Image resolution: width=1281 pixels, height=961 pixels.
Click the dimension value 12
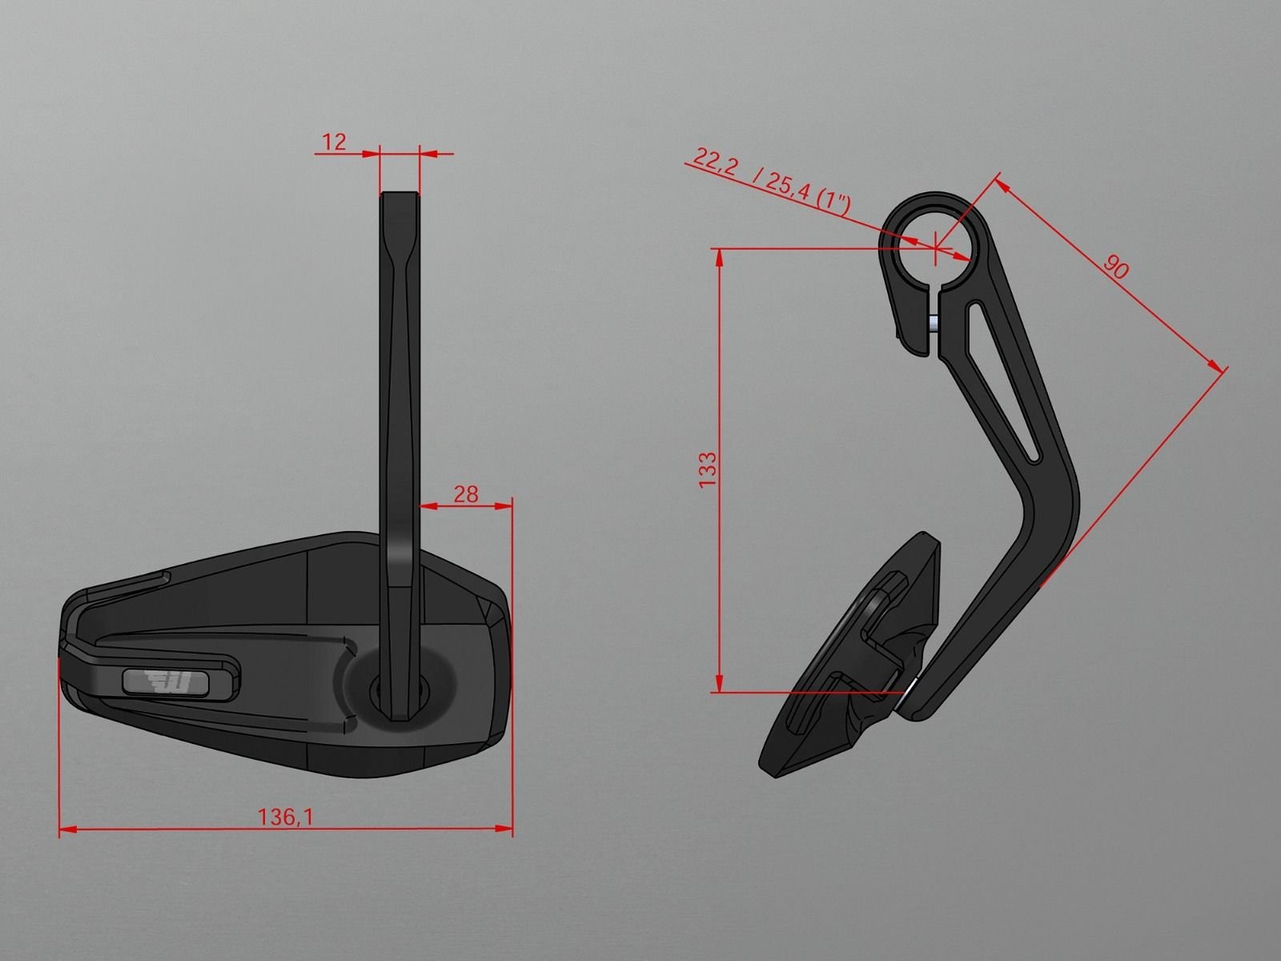pyautogui.click(x=334, y=143)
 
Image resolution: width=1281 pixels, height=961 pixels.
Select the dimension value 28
pyautogui.click(x=465, y=494)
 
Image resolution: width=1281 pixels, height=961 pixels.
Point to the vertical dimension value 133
pyautogui.click(x=707, y=470)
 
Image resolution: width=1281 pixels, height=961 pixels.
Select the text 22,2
pyautogui.click(x=715, y=159)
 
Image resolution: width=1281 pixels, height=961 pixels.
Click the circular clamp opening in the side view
pyautogui.click(x=934, y=240)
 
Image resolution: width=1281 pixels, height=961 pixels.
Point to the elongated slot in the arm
pyautogui.click(x=1004, y=376)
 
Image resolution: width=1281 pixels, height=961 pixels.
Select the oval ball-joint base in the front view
pyautogui.click(x=400, y=686)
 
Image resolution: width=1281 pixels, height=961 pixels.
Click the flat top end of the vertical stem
pyautogui.click(x=399, y=194)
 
